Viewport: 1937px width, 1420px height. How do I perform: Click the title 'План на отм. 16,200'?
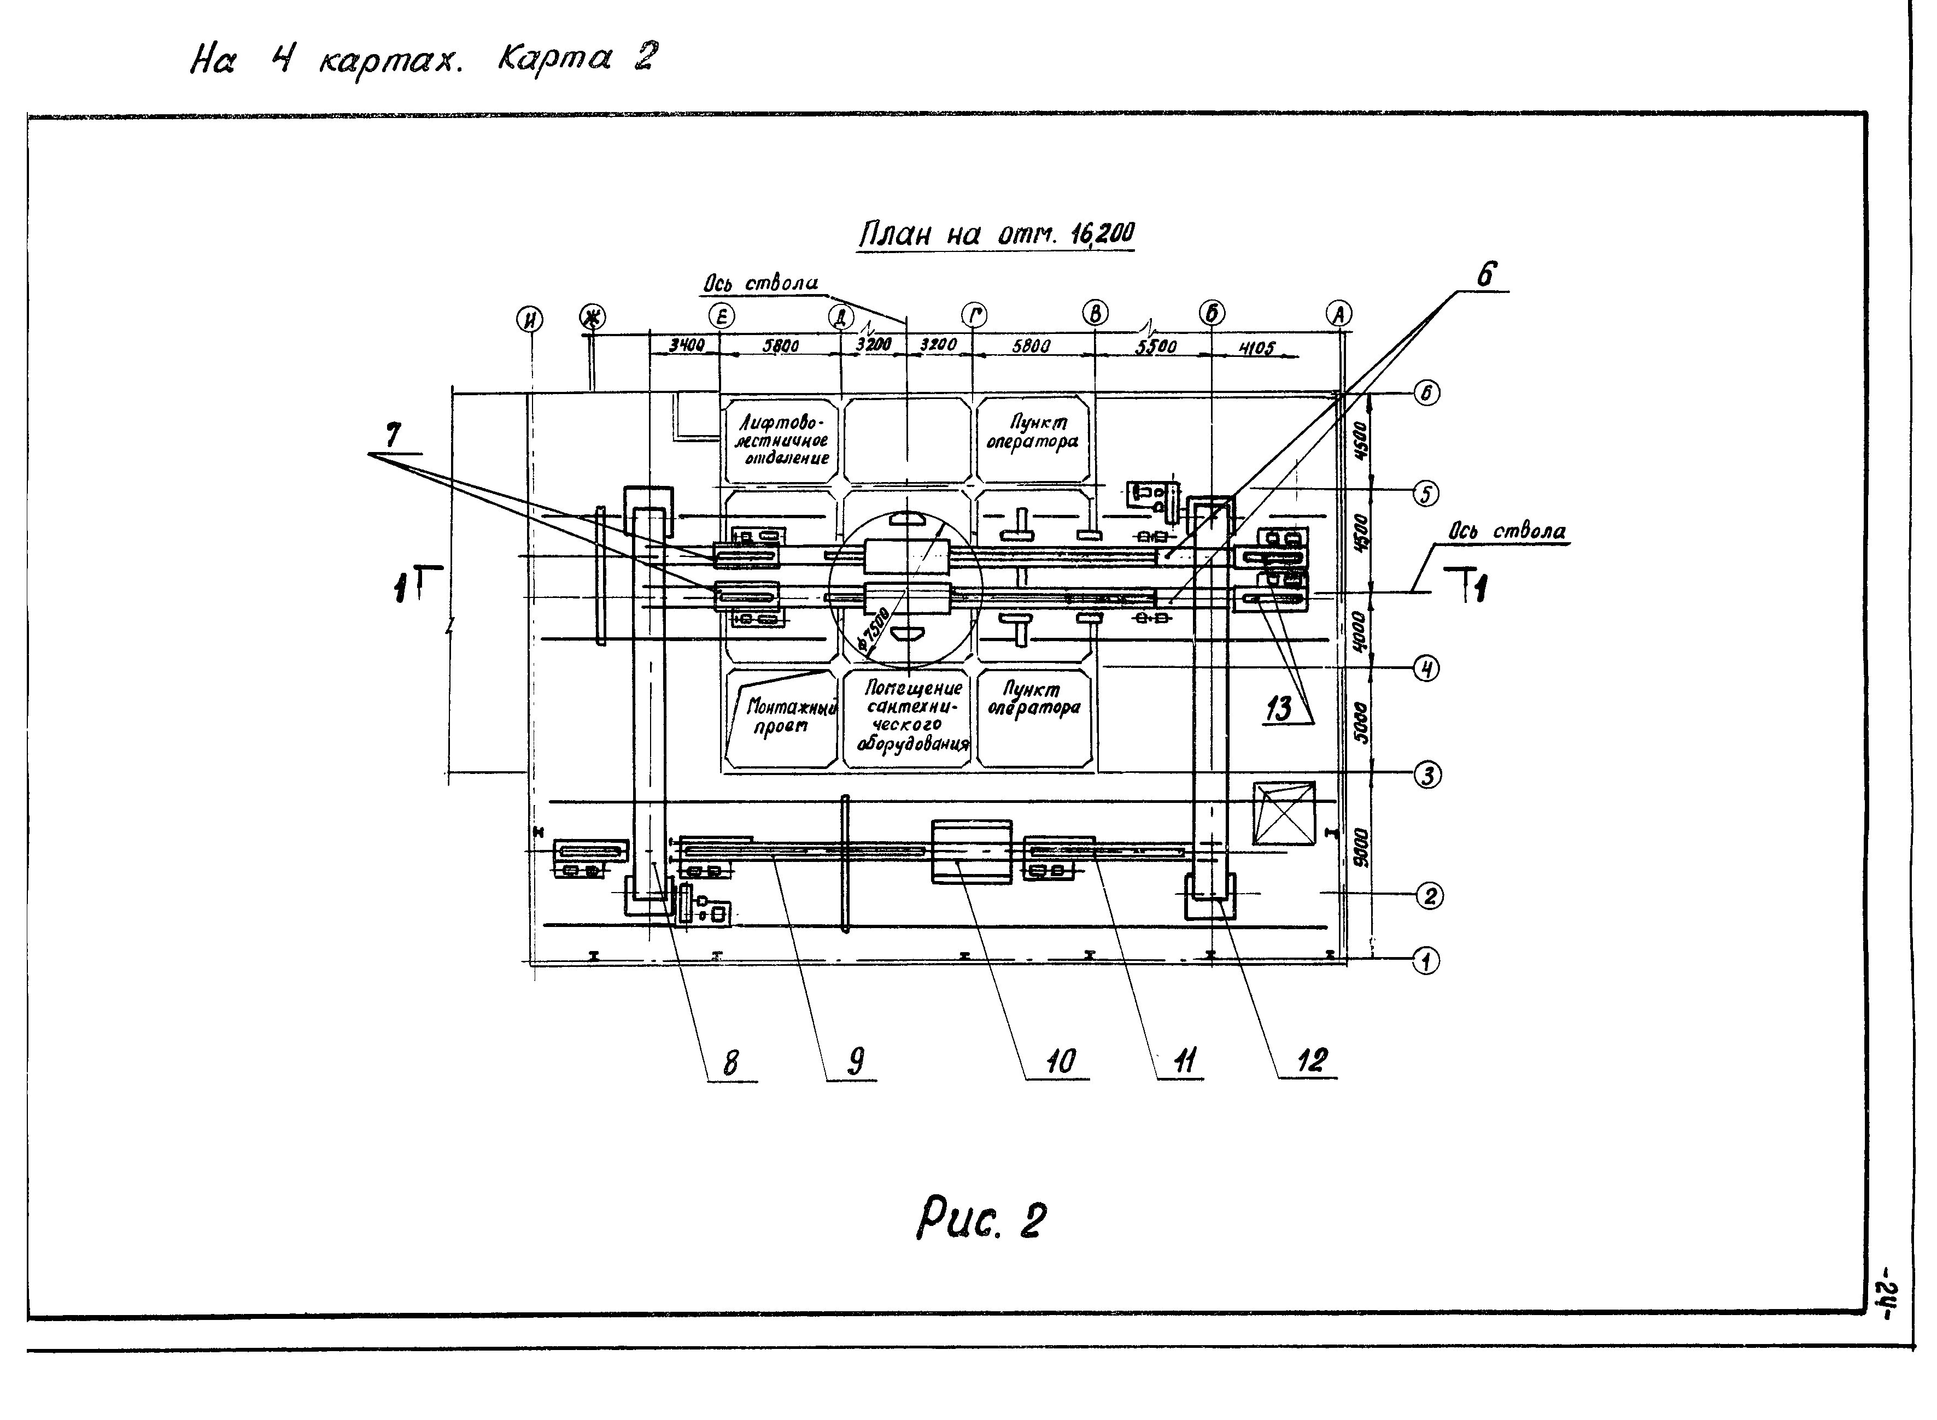coord(997,234)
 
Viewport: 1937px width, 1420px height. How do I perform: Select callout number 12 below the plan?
coord(1311,1060)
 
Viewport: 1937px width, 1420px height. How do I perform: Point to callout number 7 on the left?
coord(393,436)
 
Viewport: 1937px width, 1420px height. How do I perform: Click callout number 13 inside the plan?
coord(1278,708)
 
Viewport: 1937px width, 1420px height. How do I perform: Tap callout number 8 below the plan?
coord(730,1063)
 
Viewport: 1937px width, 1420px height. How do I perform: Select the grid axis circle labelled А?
coord(1338,315)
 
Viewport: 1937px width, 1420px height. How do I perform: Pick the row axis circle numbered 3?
coord(1427,776)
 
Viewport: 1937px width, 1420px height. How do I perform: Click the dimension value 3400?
coord(687,345)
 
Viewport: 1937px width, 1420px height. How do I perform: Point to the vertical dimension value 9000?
coord(1359,847)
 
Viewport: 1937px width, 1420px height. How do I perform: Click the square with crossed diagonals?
coord(1284,813)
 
